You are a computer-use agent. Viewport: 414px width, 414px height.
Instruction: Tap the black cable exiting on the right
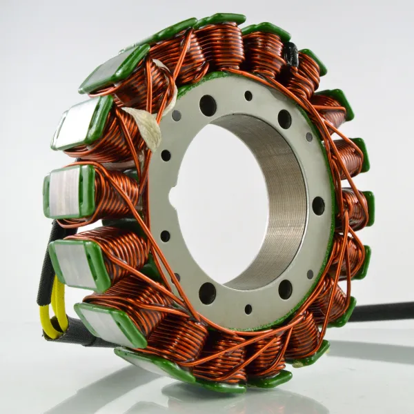click(x=386, y=312)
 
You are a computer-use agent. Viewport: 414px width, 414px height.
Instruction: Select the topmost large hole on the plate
click(x=208, y=105)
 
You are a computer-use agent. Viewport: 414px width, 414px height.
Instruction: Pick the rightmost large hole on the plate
click(x=318, y=206)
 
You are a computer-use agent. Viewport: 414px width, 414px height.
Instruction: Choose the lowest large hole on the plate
click(x=207, y=293)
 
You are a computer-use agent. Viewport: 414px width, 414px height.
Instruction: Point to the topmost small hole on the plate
click(x=248, y=96)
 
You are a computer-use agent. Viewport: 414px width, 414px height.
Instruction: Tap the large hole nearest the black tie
click(x=284, y=119)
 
